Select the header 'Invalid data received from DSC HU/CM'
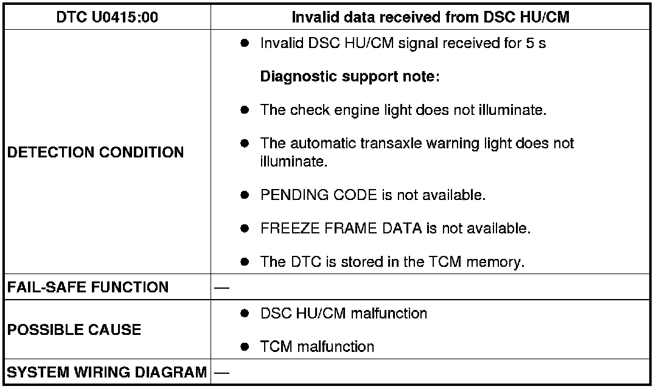coord(430,17)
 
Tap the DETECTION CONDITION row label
coord(96,153)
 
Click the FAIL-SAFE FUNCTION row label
coord(88,287)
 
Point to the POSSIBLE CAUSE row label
coord(74,330)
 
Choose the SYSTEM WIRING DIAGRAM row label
coord(107,371)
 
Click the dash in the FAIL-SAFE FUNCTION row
coord(222,287)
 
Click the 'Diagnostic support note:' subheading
coord(350,77)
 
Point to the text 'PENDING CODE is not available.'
coord(372,196)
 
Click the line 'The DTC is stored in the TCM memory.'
coord(392,262)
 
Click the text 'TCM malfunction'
coord(317,347)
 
